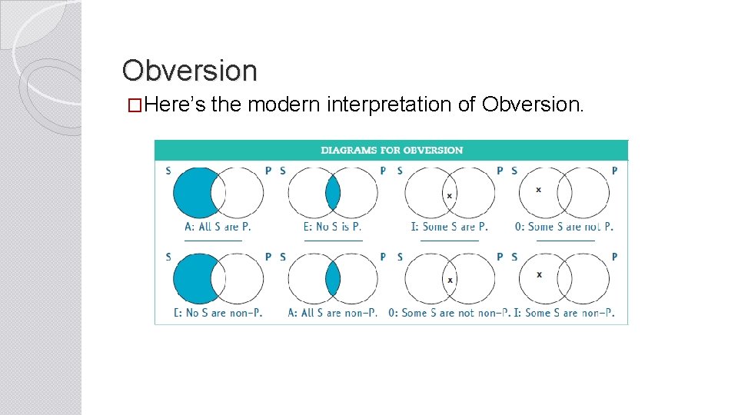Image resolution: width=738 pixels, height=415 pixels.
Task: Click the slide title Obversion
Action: (189, 71)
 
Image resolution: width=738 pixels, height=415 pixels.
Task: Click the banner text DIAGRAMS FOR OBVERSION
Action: (391, 150)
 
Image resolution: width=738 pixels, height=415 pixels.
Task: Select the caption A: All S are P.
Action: (218, 227)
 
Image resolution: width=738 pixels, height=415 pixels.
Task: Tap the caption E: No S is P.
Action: (332, 227)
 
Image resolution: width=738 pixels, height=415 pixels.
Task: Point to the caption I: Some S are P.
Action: (449, 227)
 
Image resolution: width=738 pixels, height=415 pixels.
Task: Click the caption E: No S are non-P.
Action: (218, 313)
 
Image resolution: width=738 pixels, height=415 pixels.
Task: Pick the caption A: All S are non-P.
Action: (332, 313)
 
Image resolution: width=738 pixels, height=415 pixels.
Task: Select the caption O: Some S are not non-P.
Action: (449, 313)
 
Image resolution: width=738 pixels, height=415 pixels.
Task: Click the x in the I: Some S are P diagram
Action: (450, 195)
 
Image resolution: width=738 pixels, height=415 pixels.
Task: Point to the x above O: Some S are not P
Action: (538, 189)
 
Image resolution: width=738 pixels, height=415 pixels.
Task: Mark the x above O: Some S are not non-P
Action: (450, 280)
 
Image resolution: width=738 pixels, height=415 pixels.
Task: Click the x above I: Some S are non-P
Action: (538, 274)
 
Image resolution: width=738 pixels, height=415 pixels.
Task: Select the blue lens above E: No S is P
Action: (333, 193)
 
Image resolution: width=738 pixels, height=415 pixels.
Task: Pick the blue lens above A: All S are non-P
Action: (333, 278)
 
